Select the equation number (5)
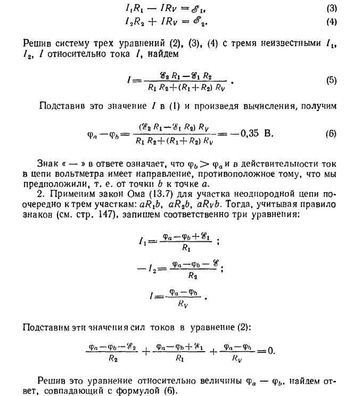point(331,81)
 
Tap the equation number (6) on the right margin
point(331,133)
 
